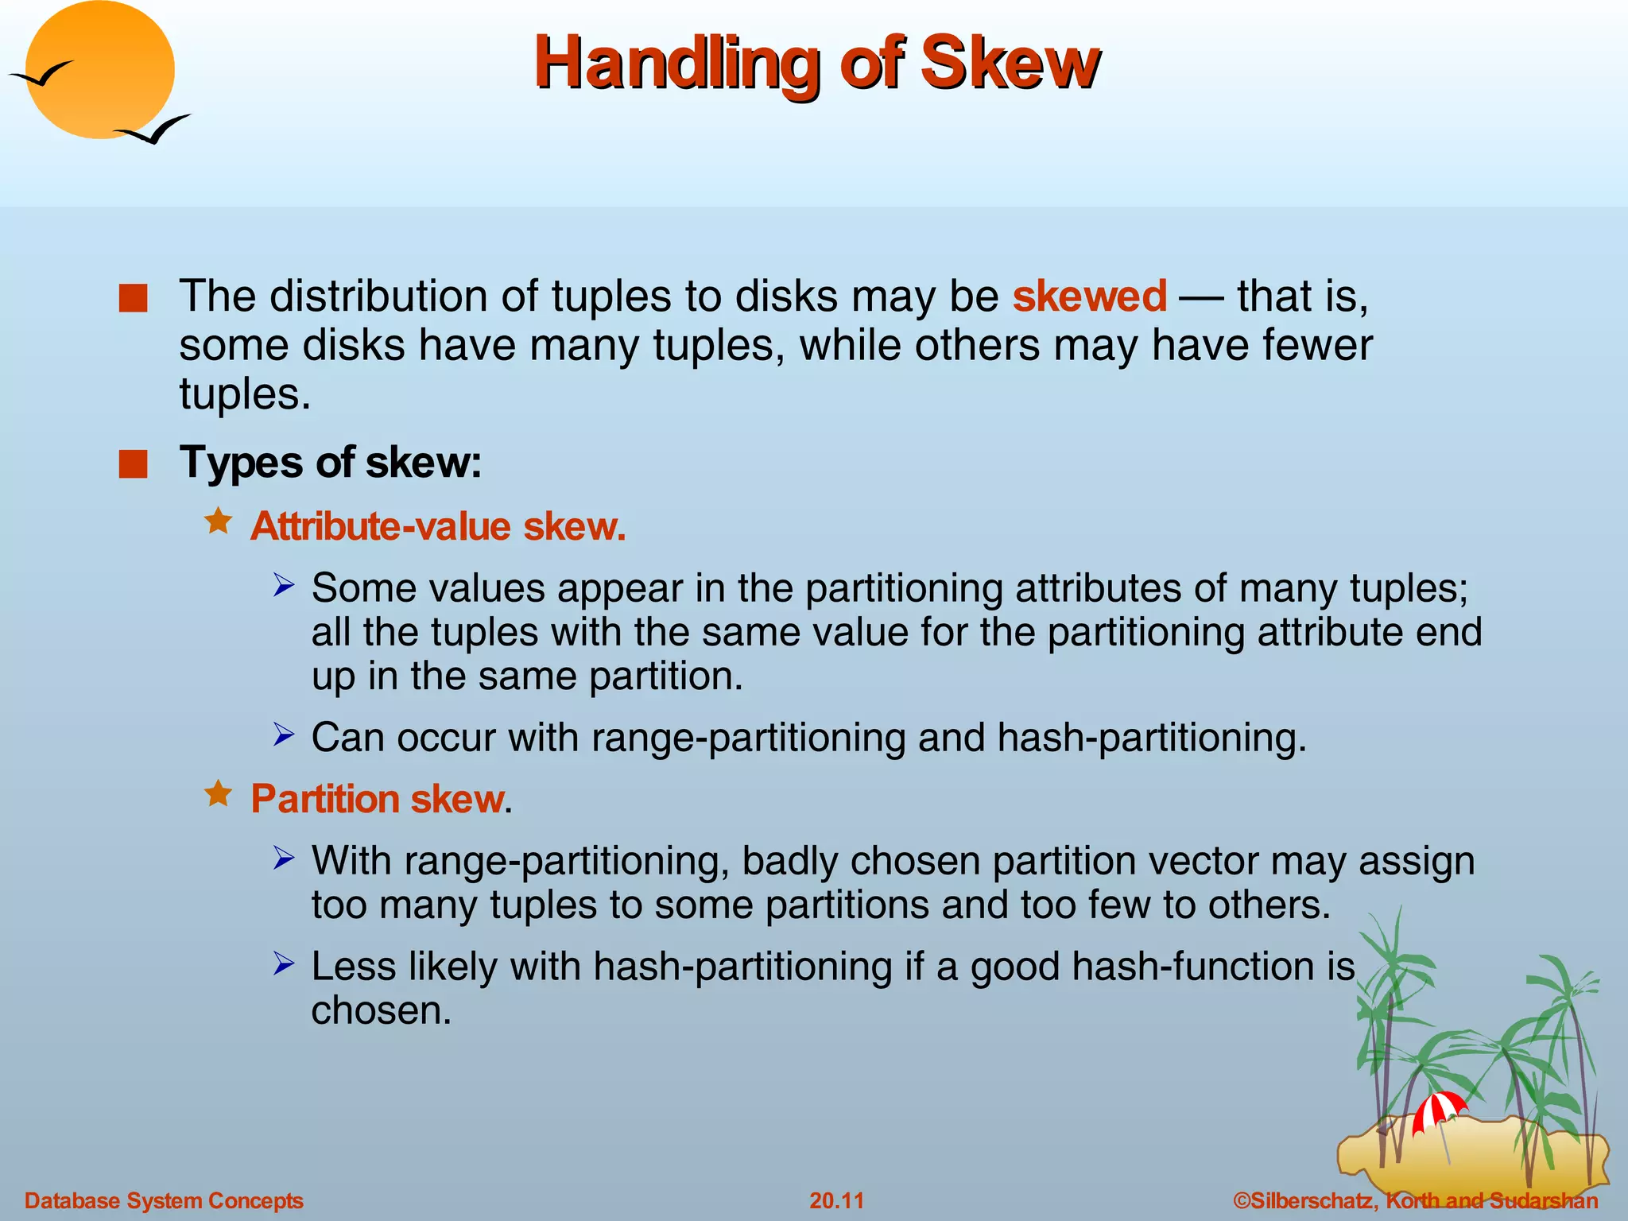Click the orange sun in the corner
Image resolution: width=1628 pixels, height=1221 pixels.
[99, 70]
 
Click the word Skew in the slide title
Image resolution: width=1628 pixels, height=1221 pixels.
[1010, 64]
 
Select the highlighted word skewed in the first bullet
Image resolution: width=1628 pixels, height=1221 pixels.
[1089, 297]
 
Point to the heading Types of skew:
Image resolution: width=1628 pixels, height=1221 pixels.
[331, 462]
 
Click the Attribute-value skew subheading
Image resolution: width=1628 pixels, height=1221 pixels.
[438, 526]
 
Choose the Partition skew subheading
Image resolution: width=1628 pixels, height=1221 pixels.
[378, 799]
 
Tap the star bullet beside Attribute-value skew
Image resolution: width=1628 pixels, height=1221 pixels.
[218, 522]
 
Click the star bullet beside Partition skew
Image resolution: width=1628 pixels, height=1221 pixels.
[218, 793]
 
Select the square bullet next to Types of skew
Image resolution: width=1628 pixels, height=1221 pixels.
[134, 464]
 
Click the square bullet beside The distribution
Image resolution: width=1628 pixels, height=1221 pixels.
[134, 299]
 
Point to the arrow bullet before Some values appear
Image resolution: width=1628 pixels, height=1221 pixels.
[284, 586]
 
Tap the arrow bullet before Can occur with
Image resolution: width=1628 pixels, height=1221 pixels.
[284, 735]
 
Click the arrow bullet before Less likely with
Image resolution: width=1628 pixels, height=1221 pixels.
[284, 963]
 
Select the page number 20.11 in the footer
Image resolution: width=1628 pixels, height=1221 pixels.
[836, 1200]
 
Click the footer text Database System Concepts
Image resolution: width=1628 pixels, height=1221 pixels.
[164, 1200]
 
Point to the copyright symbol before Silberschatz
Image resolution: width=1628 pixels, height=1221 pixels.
[1241, 1200]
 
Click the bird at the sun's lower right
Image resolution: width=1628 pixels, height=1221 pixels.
[154, 130]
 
